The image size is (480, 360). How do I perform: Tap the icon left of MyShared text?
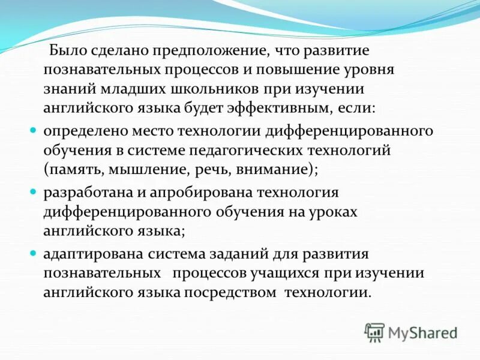(375, 332)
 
